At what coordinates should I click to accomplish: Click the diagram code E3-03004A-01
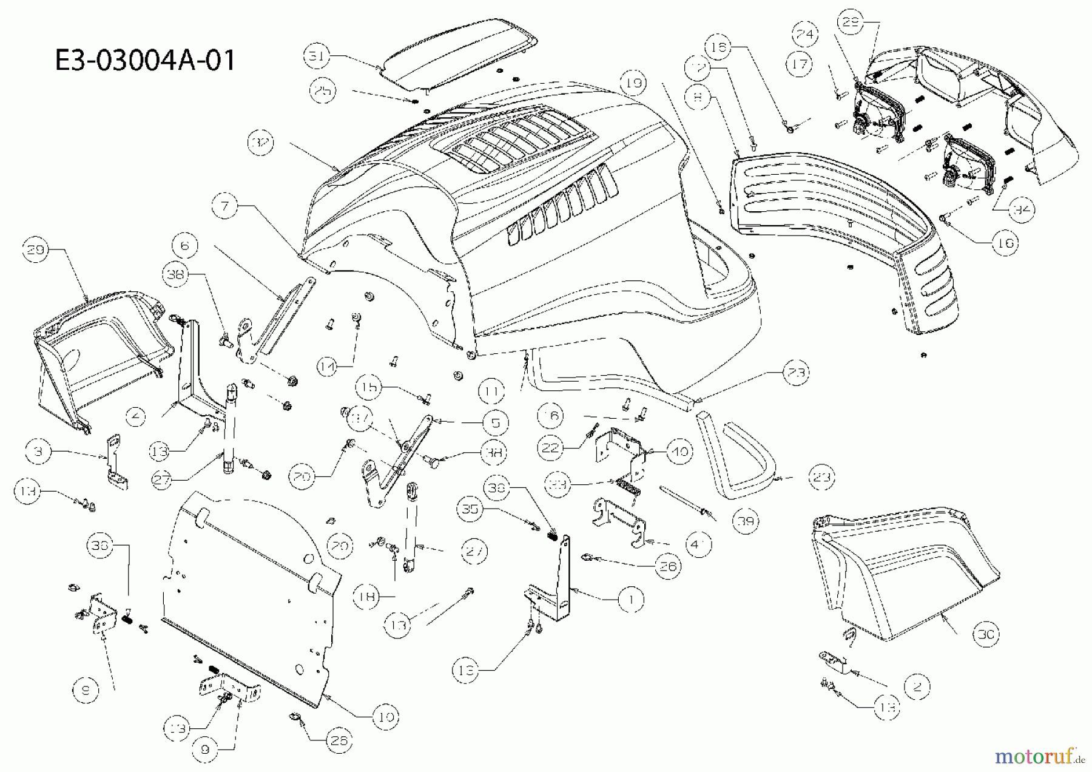coord(144,61)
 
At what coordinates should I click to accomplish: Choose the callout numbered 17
coord(801,64)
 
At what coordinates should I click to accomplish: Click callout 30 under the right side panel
coord(985,634)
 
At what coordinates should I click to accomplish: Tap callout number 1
coord(631,600)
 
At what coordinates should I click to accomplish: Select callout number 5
coord(496,422)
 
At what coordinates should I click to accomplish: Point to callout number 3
coord(38,452)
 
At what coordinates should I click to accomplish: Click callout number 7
coord(225,206)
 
